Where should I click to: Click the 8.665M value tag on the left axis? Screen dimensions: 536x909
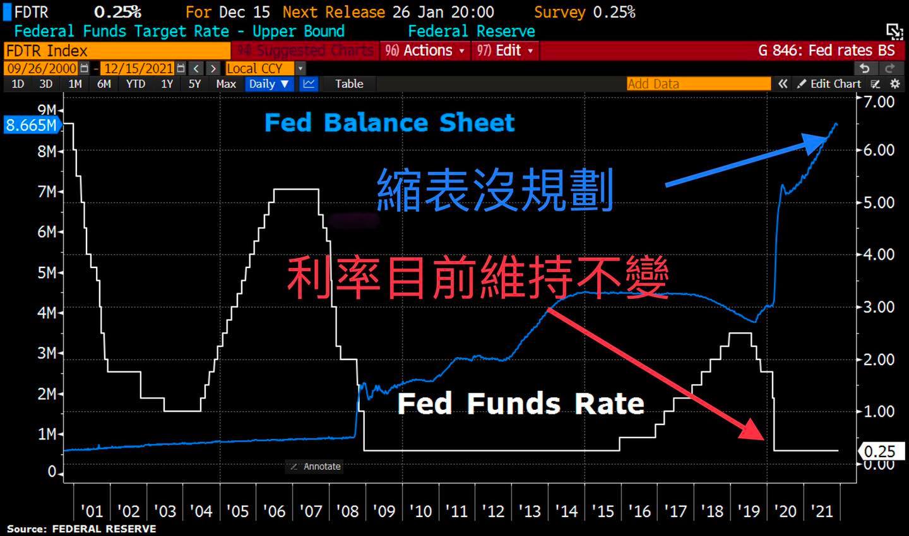(30, 125)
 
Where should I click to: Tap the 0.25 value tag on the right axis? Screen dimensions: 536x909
(879, 452)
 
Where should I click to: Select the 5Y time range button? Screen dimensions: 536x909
(194, 84)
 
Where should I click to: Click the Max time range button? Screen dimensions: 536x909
(225, 84)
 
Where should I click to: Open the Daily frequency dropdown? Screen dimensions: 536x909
(269, 84)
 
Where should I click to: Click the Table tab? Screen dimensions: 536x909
(349, 84)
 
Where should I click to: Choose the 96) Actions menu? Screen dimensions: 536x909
(425, 50)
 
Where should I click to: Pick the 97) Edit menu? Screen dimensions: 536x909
(505, 50)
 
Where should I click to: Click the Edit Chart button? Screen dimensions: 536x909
(829, 84)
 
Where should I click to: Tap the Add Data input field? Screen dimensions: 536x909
(698, 84)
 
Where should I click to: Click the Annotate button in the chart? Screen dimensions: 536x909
(315, 467)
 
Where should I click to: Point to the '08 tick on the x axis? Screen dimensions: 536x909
(347, 511)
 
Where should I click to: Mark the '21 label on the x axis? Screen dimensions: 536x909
(821, 511)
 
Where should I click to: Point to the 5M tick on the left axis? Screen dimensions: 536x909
(47, 272)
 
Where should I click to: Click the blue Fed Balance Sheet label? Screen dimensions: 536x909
(389, 122)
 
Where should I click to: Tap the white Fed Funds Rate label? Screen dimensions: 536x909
(521, 404)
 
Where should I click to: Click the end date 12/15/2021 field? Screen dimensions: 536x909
(138, 68)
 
